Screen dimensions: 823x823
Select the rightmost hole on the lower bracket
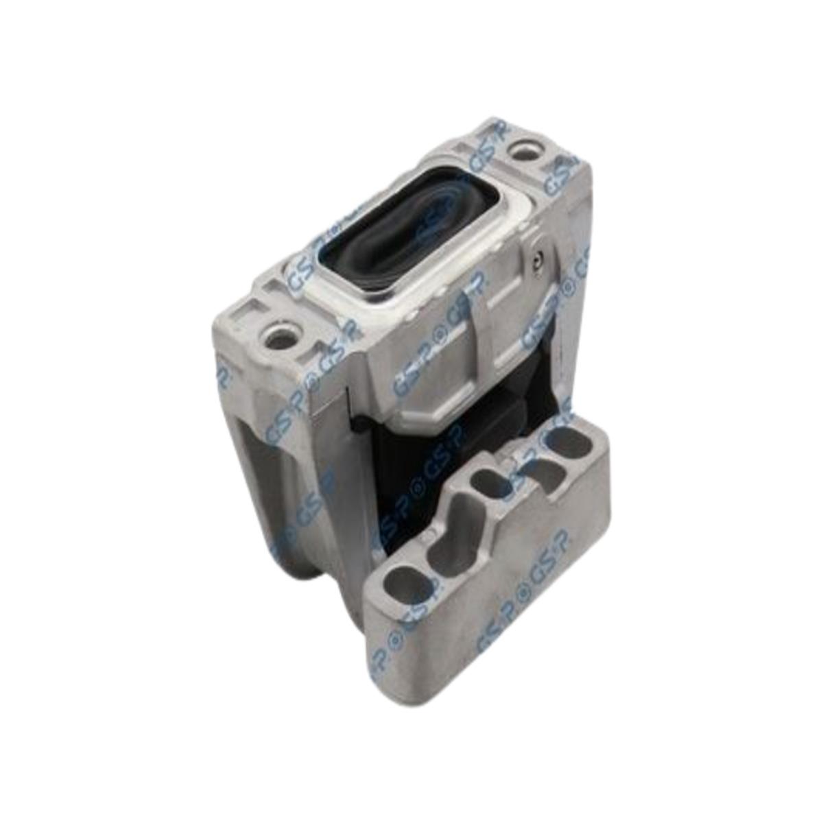[571, 444]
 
